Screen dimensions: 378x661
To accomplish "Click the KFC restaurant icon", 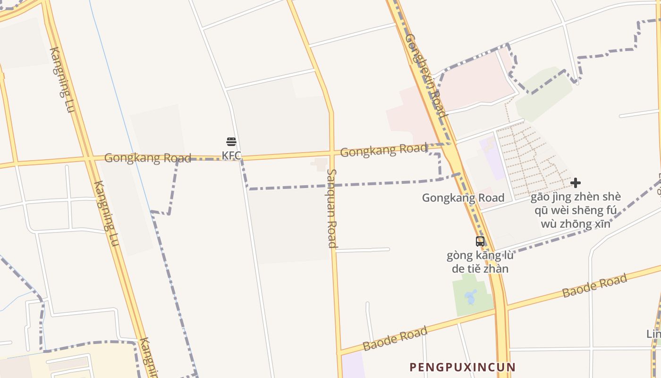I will (231, 142).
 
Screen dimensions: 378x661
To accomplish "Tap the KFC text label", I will (231, 155).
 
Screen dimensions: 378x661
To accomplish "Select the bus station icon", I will (480, 241).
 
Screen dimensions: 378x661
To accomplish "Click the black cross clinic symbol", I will (575, 183).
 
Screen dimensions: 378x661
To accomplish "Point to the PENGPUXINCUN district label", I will (462, 367).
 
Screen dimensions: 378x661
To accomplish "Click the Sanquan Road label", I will (332, 208).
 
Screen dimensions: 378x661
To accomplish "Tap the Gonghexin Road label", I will (425, 76).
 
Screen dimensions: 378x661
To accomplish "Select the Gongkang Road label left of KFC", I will (147, 158).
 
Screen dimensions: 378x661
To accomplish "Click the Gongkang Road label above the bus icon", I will (463, 198).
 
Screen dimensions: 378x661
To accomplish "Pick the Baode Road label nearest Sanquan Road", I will (395, 338).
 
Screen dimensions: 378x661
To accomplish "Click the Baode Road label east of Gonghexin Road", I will (594, 285).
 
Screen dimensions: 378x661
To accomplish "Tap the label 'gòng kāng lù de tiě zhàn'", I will (480, 262).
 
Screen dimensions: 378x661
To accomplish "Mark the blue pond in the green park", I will (470, 298).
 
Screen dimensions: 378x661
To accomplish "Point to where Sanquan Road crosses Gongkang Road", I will (331, 153).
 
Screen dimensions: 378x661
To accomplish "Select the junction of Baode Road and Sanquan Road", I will (339, 352).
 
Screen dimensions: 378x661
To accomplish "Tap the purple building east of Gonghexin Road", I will (492, 158).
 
